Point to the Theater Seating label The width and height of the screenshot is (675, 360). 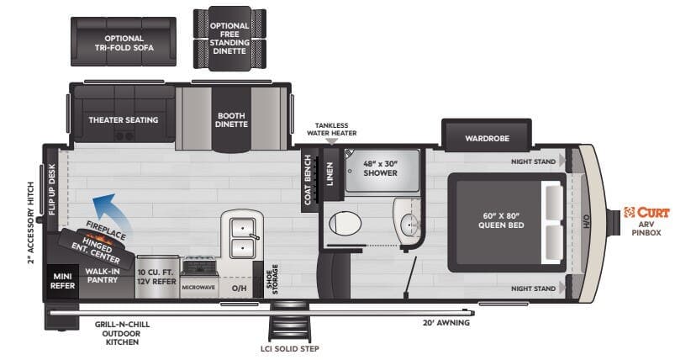pos(124,120)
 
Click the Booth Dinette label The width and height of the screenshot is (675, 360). pos(232,119)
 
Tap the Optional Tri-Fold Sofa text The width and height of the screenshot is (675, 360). pos(123,44)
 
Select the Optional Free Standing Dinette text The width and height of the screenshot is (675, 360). pos(229,39)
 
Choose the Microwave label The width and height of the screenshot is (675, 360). pos(199,286)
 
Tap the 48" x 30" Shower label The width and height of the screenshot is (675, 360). pos(380,167)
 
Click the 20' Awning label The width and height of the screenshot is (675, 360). pos(446,322)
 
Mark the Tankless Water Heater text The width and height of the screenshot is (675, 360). pos(336,129)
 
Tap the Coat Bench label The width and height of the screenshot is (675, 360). pos(308,178)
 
